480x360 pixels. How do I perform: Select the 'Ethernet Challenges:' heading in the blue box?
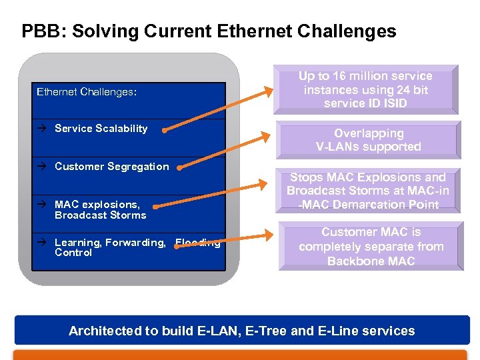click(87, 92)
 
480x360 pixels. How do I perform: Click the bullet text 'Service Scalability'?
click(101, 129)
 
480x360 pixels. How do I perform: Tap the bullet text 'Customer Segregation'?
click(111, 167)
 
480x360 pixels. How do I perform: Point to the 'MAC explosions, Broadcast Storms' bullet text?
click(100, 210)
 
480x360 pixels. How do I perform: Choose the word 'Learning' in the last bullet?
click(76, 243)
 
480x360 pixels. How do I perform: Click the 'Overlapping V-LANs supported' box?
click(368, 140)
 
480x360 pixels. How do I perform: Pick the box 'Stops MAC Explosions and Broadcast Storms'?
click(368, 191)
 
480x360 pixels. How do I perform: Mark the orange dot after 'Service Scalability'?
click(165, 131)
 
